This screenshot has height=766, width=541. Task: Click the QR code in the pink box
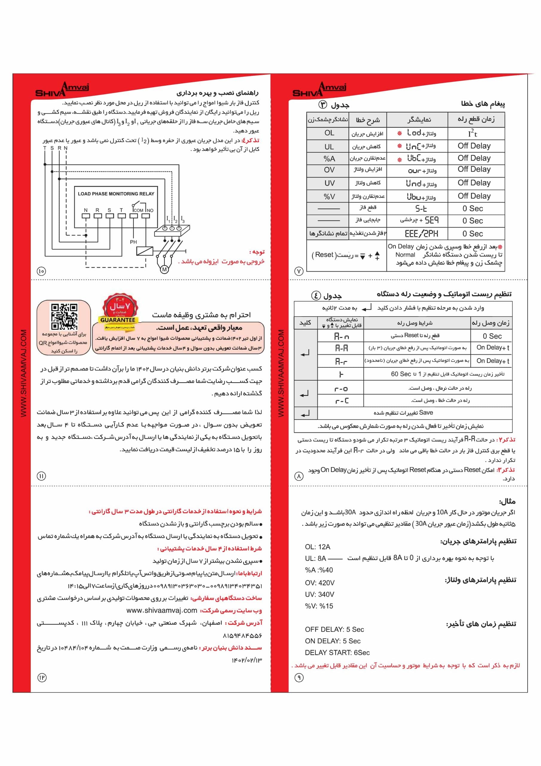pyautogui.click(x=64, y=316)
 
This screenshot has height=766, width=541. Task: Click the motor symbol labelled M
pyautogui.click(x=164, y=269)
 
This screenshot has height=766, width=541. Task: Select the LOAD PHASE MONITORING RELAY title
pyautogui.click(x=116, y=194)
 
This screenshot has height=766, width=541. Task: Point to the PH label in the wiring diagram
pyautogui.click(x=133, y=242)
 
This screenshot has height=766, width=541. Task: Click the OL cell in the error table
pyautogui.click(x=329, y=133)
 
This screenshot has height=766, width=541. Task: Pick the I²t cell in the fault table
pyautogui.click(x=473, y=133)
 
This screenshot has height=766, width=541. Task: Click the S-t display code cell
pyautogui.click(x=421, y=209)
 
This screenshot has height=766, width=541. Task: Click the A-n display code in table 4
pyautogui.click(x=342, y=336)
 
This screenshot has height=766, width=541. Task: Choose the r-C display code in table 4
pyautogui.click(x=342, y=401)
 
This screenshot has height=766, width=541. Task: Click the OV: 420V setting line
pyautogui.click(x=319, y=583)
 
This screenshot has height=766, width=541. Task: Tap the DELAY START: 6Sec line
pyautogui.click(x=337, y=653)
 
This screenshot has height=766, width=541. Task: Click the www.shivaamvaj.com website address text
pyautogui.click(x=162, y=610)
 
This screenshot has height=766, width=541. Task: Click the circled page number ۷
pyautogui.click(x=299, y=271)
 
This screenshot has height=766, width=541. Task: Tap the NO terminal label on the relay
pyautogui.click(x=150, y=211)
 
